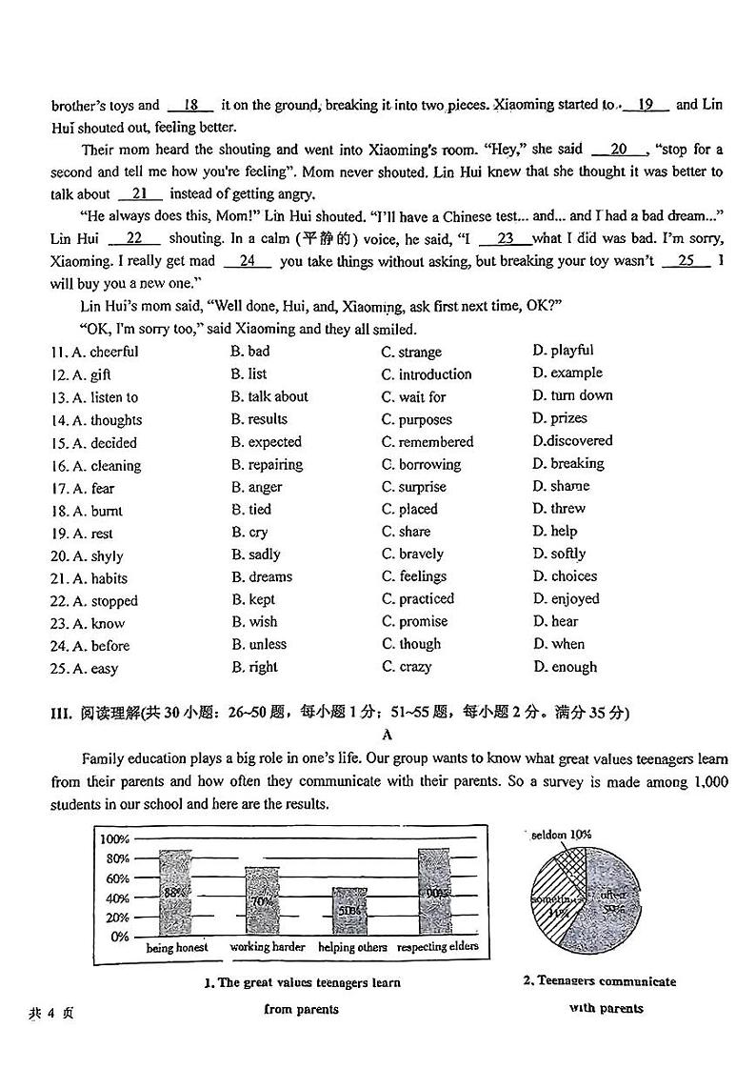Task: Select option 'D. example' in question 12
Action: coord(567,373)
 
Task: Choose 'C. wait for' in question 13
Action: coord(414,396)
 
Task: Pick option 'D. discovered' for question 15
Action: coord(572,440)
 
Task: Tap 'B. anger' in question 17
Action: coord(256,487)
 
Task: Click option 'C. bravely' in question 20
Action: coord(412,554)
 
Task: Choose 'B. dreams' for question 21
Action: coord(262,576)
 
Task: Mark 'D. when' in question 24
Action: coord(559,644)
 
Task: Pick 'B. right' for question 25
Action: coord(254,667)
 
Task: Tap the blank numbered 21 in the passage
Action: coord(140,194)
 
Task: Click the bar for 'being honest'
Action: coord(174,893)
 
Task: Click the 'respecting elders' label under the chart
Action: coord(437,947)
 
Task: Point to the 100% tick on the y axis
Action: coord(113,838)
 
